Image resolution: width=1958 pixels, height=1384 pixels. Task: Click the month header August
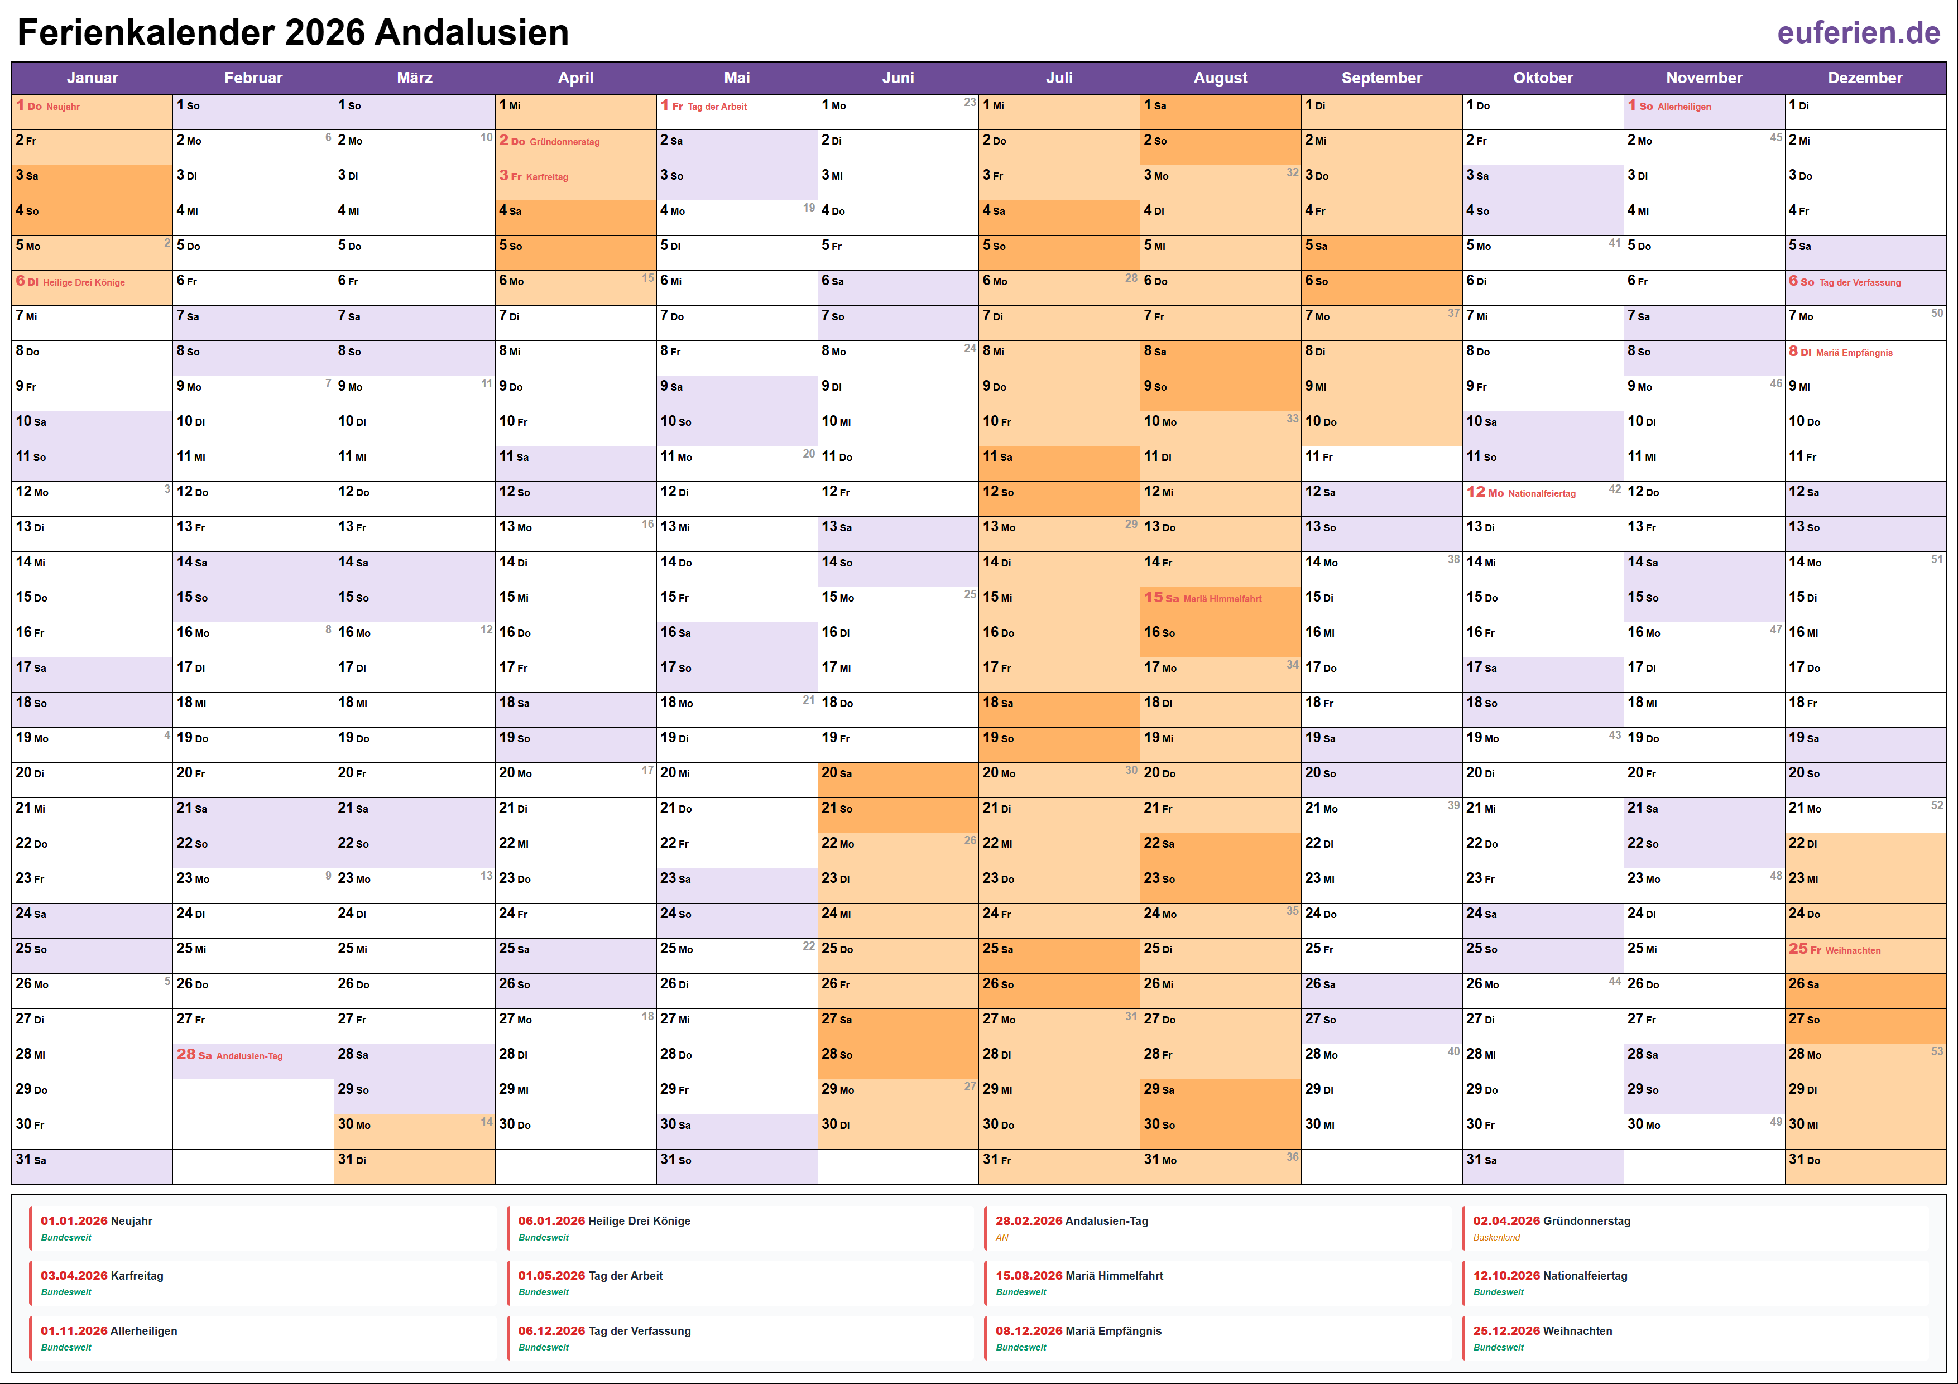(x=1220, y=78)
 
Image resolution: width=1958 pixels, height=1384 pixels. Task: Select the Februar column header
(x=253, y=78)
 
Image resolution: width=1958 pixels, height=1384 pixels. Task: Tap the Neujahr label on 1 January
(x=63, y=107)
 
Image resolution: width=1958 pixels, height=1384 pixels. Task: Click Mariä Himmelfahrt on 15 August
(x=1222, y=599)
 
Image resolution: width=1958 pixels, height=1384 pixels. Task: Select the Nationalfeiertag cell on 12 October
(x=1541, y=493)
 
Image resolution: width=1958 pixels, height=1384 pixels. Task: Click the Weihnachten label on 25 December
(x=1853, y=950)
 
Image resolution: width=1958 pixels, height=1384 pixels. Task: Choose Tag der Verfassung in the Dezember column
(x=1859, y=282)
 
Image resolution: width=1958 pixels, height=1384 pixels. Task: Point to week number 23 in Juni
(x=970, y=102)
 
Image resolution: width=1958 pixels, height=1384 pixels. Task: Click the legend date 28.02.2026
(x=1029, y=1221)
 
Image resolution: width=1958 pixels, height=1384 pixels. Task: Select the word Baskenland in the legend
(x=1496, y=1237)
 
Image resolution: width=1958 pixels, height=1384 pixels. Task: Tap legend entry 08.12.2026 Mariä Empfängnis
(x=1078, y=1331)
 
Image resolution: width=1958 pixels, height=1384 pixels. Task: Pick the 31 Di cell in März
(x=414, y=1161)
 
